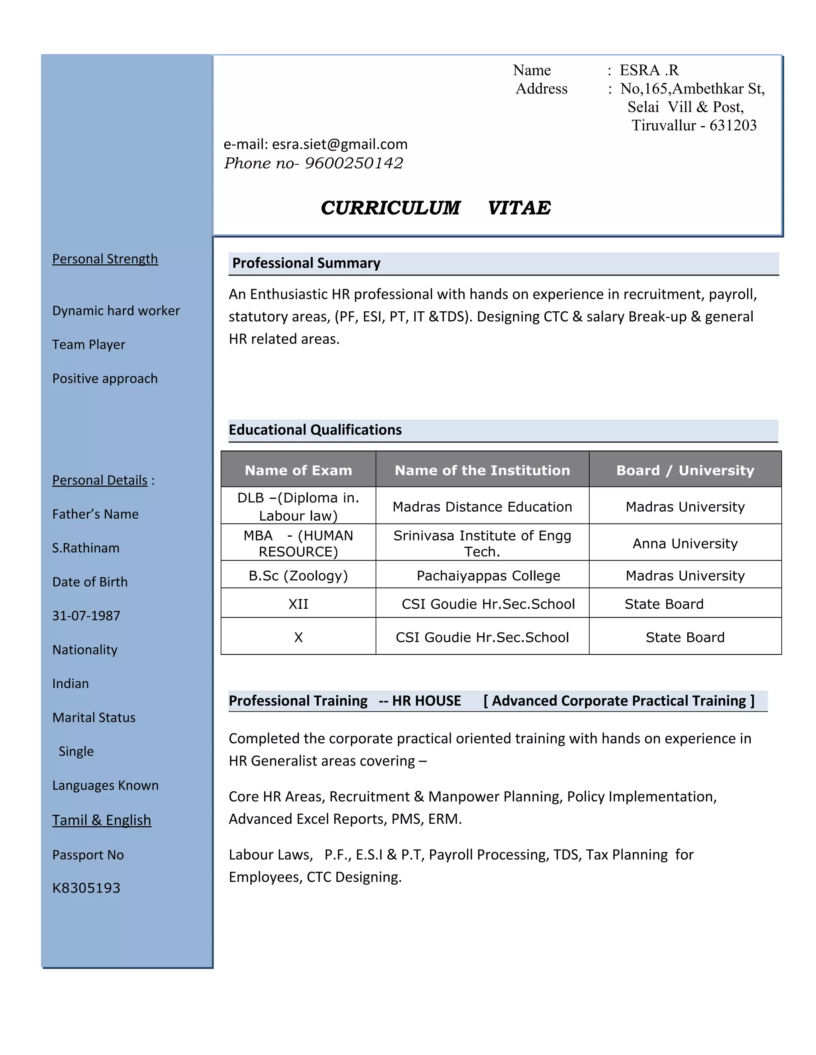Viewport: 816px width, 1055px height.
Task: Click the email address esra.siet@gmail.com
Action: tap(339, 145)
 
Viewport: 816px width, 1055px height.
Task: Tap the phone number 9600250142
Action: tap(353, 163)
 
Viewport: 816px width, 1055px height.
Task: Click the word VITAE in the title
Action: tap(519, 208)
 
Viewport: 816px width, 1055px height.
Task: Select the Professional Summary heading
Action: tap(306, 263)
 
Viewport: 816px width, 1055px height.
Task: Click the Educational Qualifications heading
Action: tap(315, 430)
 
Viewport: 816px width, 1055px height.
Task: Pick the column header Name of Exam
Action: tap(298, 470)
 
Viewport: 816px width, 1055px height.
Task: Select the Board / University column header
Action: tap(685, 470)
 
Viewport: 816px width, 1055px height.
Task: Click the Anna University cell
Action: tap(685, 543)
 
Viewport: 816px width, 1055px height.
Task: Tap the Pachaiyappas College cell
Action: tap(488, 576)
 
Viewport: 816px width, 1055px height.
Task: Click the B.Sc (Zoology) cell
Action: tap(298, 576)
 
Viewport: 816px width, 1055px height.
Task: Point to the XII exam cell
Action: tap(298, 604)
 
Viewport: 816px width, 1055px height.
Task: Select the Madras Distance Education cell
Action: tap(482, 507)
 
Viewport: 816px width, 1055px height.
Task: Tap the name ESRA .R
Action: tap(649, 70)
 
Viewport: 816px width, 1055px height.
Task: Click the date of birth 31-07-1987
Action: tap(86, 616)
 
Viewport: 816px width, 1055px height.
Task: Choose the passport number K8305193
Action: tap(86, 888)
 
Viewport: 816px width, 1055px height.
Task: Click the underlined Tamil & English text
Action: tap(102, 820)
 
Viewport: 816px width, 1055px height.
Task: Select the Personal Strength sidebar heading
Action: tap(105, 259)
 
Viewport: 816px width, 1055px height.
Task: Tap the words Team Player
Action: tap(88, 344)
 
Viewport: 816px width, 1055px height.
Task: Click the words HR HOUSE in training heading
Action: tap(426, 701)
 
